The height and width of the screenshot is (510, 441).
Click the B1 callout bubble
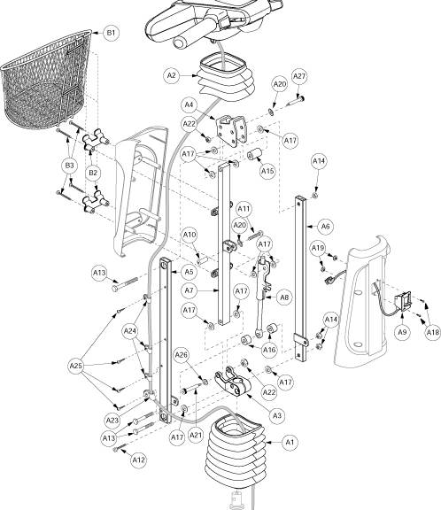coord(111,33)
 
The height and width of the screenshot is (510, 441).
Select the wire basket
coord(47,80)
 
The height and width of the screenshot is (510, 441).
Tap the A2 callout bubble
coord(171,76)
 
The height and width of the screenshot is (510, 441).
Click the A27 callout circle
coord(299,76)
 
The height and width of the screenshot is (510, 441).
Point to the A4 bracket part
coord(231,129)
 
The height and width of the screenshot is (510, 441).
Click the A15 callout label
coord(267,171)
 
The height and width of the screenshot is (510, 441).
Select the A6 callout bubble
coord(325,226)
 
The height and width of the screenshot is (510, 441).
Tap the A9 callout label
coord(402,332)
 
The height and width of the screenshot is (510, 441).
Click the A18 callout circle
coord(432,332)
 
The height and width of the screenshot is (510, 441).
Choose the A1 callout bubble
coord(290,442)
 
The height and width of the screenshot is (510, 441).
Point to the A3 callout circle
coord(277,415)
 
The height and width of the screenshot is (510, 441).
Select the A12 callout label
coord(138,460)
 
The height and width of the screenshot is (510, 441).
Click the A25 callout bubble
coord(76,366)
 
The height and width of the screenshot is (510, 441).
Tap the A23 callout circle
coord(112,421)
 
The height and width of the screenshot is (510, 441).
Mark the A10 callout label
coord(190,235)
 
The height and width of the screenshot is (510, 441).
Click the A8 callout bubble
coord(284,297)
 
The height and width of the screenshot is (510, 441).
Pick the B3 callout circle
coord(70,166)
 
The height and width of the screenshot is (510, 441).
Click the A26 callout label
coord(182,355)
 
